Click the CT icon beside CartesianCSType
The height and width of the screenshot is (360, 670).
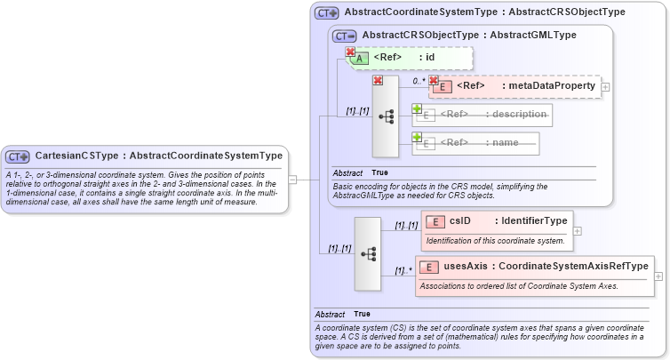(x=19, y=156)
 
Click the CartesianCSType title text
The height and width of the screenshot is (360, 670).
(x=159, y=156)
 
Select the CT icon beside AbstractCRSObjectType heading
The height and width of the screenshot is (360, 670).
(x=345, y=36)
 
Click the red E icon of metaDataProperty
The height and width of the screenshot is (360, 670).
(x=442, y=86)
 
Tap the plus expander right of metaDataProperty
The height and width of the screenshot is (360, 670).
(x=605, y=86)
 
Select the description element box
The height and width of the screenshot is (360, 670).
(x=483, y=115)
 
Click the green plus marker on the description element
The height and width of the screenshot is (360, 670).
(x=416, y=108)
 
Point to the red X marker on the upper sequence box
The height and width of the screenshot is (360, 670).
(x=378, y=81)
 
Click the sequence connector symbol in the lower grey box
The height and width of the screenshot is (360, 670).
(x=367, y=253)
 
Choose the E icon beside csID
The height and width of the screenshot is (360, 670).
(x=435, y=221)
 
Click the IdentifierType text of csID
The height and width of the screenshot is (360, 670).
(x=533, y=221)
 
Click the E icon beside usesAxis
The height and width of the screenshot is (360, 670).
(x=429, y=267)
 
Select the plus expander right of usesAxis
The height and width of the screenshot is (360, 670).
(x=658, y=276)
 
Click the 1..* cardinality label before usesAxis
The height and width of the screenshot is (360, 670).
(x=402, y=270)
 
